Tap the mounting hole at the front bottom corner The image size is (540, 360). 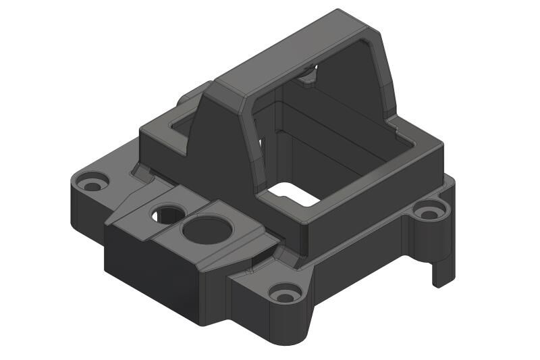coord(286,294)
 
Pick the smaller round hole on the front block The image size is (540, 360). coord(166,215)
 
